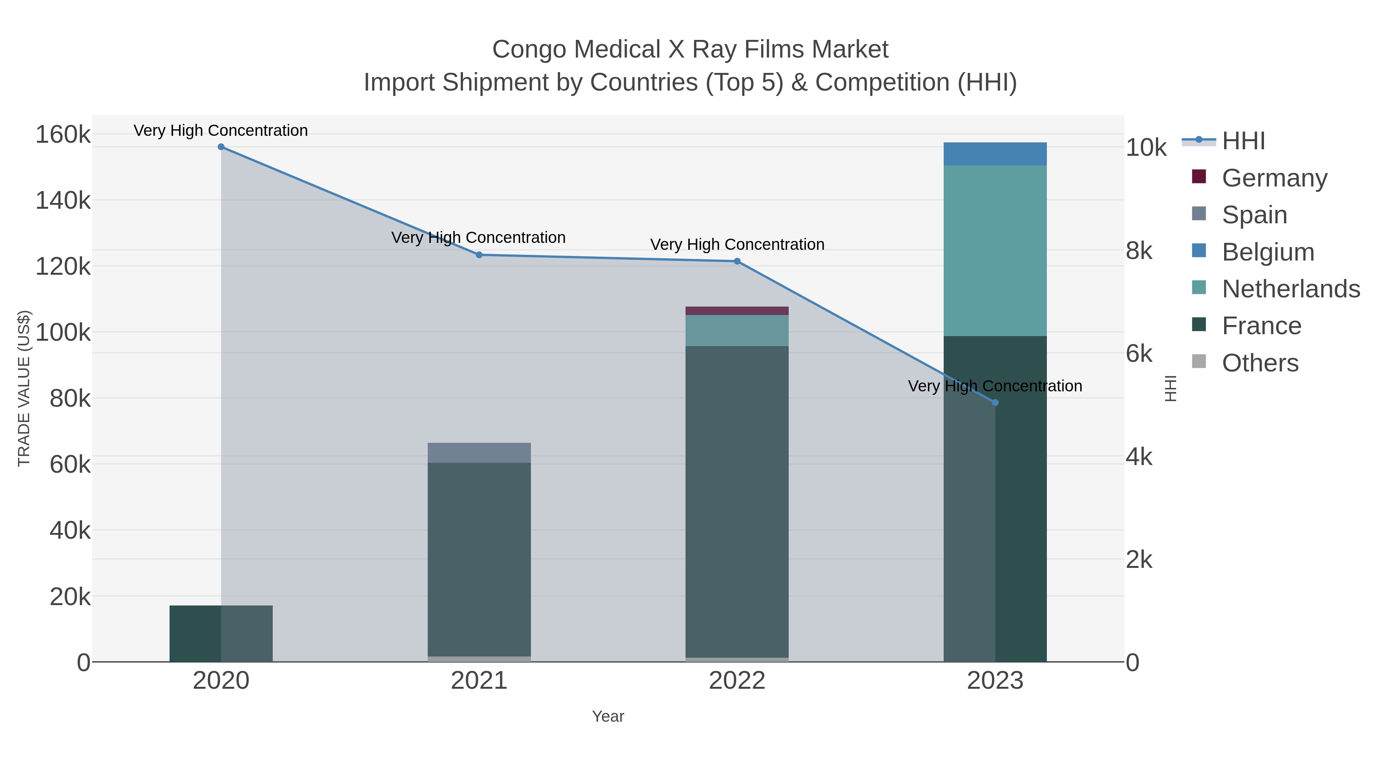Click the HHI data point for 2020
[221, 147]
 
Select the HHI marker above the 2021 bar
[479, 255]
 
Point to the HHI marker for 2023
[995, 402]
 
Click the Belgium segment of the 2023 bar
[995, 154]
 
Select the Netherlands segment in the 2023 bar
[995, 251]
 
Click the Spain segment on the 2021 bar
[479, 453]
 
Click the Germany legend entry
[1274, 178]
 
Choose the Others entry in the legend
[1259, 363]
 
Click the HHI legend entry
[1243, 141]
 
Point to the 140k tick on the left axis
[63, 201]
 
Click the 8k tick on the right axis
[1139, 251]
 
